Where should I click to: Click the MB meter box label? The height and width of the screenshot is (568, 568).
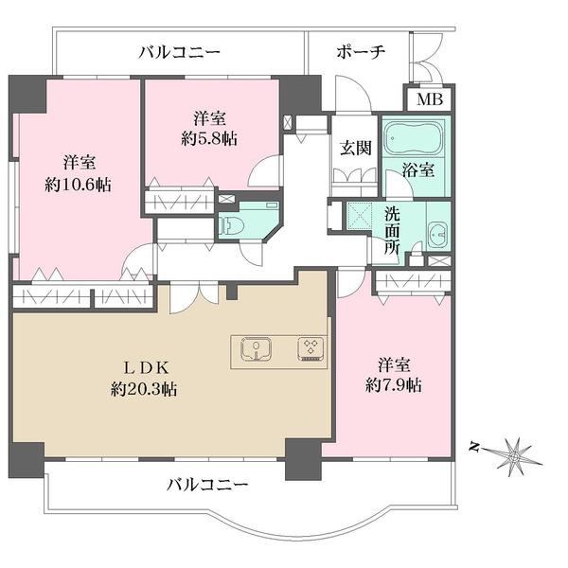430,98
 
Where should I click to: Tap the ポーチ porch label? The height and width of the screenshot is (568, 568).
361,52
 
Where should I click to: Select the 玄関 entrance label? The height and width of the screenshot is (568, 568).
356,148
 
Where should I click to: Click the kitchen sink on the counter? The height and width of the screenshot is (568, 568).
257,348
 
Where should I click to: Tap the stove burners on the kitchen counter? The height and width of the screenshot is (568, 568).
311,348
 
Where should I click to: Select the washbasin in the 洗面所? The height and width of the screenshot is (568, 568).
438,234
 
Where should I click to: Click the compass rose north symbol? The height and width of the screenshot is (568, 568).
514,456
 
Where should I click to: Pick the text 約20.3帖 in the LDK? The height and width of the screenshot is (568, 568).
144,389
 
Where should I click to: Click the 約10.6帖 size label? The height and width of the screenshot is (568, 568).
78,185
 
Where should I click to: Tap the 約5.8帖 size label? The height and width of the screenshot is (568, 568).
209,138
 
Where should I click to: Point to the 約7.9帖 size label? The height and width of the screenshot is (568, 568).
394,385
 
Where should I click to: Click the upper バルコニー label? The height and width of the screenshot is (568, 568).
180,53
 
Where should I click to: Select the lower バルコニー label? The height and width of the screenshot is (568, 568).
207,485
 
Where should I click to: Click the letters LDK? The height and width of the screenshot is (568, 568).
147,368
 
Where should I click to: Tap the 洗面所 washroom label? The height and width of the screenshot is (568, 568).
392,231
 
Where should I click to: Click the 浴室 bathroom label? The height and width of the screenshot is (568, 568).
418,170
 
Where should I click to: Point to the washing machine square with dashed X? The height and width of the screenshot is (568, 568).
360,216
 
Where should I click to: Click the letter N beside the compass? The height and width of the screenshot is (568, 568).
473,447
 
